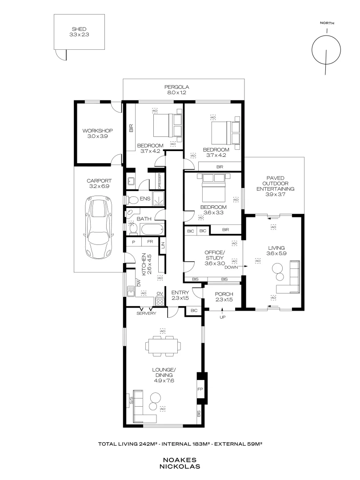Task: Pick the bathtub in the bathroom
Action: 151,230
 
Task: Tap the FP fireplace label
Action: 200,388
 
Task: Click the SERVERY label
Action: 146,313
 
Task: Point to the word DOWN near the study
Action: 231,268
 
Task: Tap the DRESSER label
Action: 159,180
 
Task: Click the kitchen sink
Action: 131,291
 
